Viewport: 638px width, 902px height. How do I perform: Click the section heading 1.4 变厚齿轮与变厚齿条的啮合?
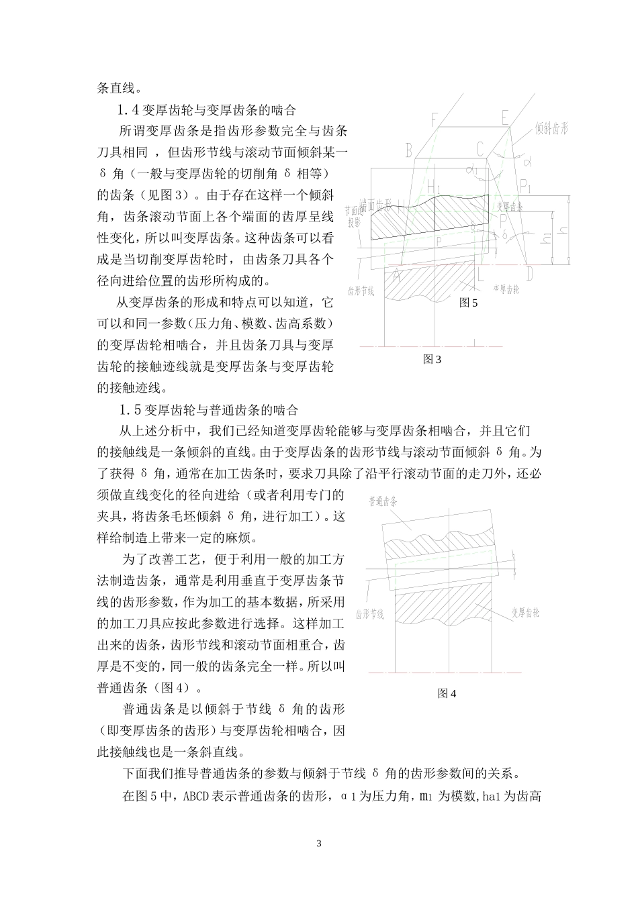tap(208, 109)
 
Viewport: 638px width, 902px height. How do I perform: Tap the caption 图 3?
tap(432, 359)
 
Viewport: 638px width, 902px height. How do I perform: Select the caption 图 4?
tap(447, 693)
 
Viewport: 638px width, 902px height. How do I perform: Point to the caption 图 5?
tap(468, 303)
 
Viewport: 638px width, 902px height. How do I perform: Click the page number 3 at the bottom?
tap(319, 843)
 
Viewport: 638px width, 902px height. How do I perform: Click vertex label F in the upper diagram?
tap(435, 119)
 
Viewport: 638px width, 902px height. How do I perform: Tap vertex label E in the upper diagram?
tap(505, 118)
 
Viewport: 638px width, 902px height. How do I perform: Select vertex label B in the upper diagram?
tap(408, 150)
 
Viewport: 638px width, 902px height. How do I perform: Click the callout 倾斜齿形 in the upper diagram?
tap(551, 128)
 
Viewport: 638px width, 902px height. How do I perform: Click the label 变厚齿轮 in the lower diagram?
tap(525, 612)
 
